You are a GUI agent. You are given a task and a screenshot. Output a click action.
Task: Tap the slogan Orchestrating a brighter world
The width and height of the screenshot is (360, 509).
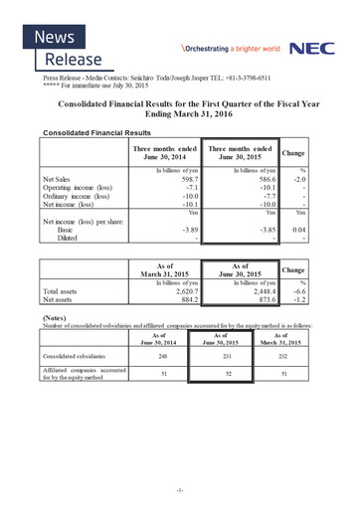tap(230, 48)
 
